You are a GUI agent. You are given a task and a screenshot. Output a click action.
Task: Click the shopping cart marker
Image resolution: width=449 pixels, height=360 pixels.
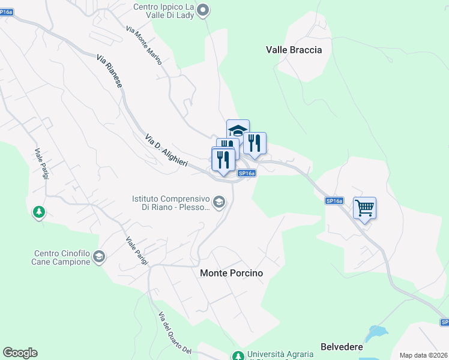pyautogui.click(x=364, y=209)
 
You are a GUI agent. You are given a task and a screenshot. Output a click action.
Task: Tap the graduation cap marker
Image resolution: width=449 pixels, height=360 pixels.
pyautogui.click(x=238, y=130)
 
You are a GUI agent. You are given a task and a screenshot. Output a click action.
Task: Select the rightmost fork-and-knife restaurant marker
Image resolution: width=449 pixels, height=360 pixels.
pyautogui.click(x=255, y=143)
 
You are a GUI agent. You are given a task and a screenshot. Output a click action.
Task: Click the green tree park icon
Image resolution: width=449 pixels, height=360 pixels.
pyautogui.click(x=39, y=212)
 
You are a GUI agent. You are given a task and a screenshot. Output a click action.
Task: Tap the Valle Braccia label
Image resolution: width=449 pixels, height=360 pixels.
pyautogui.click(x=294, y=50)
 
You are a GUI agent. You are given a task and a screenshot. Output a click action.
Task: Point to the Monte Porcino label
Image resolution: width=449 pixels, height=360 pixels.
pyautogui.click(x=231, y=273)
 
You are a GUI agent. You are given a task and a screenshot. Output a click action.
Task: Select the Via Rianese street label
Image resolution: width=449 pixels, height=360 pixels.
pyautogui.click(x=110, y=72)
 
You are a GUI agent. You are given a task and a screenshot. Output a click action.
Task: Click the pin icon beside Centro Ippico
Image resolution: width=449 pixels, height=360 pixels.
pyautogui.click(x=203, y=9)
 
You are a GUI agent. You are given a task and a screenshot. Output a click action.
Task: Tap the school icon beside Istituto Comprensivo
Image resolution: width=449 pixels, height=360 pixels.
pyautogui.click(x=219, y=202)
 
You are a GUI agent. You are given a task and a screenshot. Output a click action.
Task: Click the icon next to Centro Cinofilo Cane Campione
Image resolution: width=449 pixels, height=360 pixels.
pyautogui.click(x=99, y=257)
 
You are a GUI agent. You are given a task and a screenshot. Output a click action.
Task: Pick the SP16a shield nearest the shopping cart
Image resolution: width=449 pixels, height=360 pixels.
pyautogui.click(x=334, y=201)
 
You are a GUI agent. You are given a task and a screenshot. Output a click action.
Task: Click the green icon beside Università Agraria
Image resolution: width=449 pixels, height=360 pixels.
pyautogui.click(x=238, y=356)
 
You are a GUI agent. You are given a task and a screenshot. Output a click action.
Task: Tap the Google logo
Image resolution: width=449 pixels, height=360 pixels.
pyautogui.click(x=20, y=353)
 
